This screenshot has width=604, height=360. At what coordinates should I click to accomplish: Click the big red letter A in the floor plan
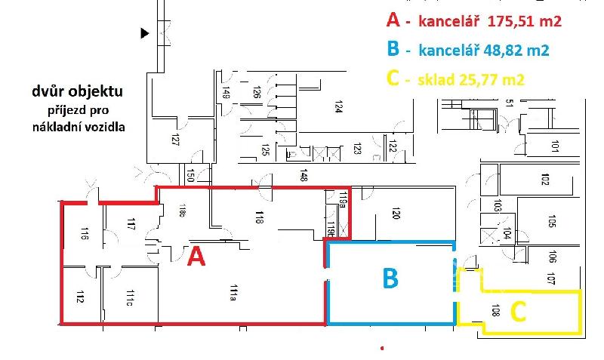pos(196,257)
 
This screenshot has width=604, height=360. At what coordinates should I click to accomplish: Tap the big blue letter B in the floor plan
pos(390,278)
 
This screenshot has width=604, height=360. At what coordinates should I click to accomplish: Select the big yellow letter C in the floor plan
pos(519,311)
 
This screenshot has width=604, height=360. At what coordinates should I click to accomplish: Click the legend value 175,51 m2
pos(525,22)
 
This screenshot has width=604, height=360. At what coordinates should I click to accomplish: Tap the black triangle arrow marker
pos(144,33)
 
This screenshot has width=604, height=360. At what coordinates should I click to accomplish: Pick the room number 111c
pos(129,297)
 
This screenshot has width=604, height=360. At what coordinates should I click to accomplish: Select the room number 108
pos(495,309)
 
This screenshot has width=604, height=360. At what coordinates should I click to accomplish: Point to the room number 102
pos(544,180)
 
